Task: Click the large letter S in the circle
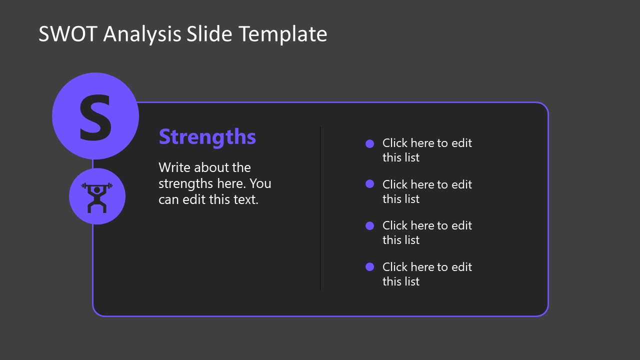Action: (x=95, y=118)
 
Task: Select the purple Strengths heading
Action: (x=207, y=137)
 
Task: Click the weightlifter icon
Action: (x=97, y=197)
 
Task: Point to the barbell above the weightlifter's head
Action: (x=97, y=185)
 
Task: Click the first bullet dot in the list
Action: (x=369, y=143)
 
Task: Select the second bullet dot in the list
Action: (x=369, y=184)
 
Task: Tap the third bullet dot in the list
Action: (x=369, y=225)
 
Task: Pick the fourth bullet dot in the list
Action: (x=369, y=266)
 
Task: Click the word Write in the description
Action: (x=174, y=167)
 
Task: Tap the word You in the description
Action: (x=260, y=183)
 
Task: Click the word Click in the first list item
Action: (x=395, y=143)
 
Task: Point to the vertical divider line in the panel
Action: (x=320, y=210)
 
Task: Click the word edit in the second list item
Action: (x=461, y=184)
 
